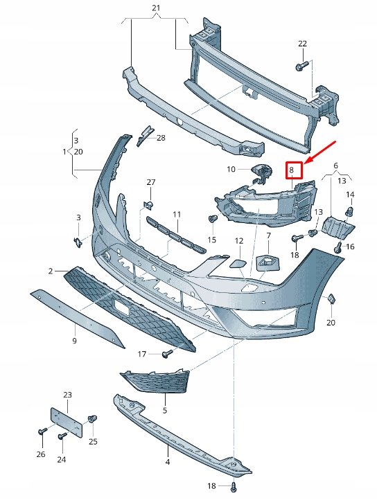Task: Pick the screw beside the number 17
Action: pyautogui.click(x=166, y=355)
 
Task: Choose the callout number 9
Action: pyautogui.click(x=74, y=341)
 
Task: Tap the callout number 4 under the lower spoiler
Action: pyautogui.click(x=167, y=461)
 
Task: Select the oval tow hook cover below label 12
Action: pyautogui.click(x=236, y=262)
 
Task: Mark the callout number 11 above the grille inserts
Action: pyautogui.click(x=177, y=215)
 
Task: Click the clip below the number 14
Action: pyautogui.click(x=350, y=211)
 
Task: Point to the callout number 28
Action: pyautogui.click(x=161, y=138)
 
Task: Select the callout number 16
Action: pyautogui.click(x=350, y=247)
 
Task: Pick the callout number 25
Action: pyautogui.click(x=93, y=442)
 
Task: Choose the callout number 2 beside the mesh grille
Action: pyautogui.click(x=51, y=271)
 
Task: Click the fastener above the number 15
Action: pyautogui.click(x=212, y=220)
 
